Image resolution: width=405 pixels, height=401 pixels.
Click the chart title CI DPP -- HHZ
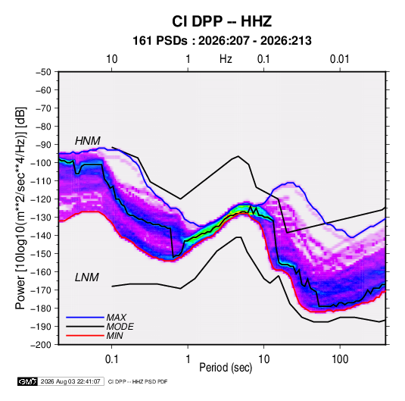(222, 21)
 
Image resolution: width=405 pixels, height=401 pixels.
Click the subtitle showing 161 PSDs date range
(222, 41)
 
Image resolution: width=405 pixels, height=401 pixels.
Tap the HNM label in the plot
(88, 141)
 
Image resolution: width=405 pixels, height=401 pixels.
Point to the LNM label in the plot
(87, 277)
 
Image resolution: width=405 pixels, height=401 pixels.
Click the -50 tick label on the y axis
(43, 72)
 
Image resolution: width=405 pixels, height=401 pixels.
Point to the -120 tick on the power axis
(41, 199)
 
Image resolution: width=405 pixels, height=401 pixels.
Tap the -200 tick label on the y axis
(41, 345)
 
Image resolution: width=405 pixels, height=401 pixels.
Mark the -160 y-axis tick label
(41, 272)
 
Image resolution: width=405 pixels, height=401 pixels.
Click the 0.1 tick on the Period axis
(111, 359)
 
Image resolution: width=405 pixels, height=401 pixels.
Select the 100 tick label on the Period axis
(340, 359)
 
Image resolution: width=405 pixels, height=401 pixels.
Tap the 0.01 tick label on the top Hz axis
(340, 59)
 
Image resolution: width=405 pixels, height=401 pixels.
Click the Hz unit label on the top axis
(226, 59)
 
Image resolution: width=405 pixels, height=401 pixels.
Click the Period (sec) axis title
(226, 368)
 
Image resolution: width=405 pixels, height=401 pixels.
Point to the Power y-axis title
(20, 208)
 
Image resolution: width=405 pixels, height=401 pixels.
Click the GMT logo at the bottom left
(28, 381)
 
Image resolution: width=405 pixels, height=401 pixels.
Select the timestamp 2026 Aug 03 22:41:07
(70, 381)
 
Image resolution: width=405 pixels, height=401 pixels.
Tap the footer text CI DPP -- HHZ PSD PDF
(138, 381)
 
